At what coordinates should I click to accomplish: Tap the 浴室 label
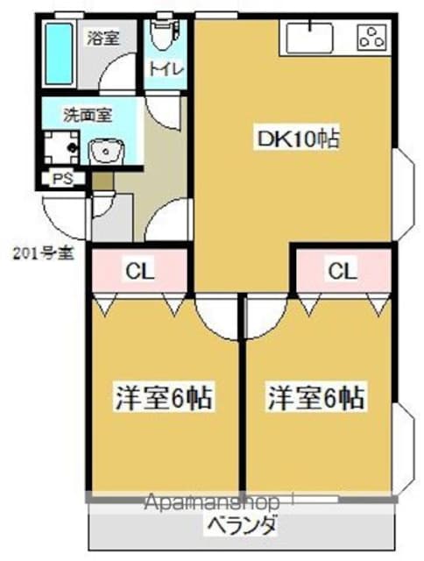point(103,38)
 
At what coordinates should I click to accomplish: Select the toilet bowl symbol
point(165,34)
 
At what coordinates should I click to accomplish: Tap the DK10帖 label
point(298,139)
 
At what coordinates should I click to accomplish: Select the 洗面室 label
point(88,115)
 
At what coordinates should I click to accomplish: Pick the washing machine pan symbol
point(60,147)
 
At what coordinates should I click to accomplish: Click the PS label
point(63,179)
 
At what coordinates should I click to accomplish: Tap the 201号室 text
point(44,254)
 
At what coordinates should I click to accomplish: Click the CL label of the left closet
point(139,271)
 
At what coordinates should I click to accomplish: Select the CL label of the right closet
point(343,271)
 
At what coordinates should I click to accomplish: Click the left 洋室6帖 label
point(163,397)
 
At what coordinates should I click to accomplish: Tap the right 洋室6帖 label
point(316,397)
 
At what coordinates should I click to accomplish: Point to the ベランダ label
point(243,526)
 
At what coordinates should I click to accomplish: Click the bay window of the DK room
point(403,194)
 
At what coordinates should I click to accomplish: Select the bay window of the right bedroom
point(403,449)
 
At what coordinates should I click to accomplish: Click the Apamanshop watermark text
point(212,502)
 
